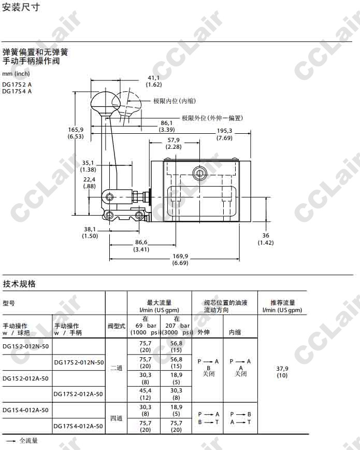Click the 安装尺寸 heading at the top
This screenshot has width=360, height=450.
20,7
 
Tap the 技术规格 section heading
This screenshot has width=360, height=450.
19,284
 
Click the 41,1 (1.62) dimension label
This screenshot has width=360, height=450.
154,81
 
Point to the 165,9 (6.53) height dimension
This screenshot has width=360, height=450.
76,133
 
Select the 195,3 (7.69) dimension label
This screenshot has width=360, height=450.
224,134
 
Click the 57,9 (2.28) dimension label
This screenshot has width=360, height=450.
174,143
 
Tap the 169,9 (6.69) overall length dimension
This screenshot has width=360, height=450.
180,259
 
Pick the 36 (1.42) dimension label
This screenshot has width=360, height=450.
266,239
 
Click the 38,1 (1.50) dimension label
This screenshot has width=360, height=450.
90,233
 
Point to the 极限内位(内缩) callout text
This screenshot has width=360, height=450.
175,101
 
